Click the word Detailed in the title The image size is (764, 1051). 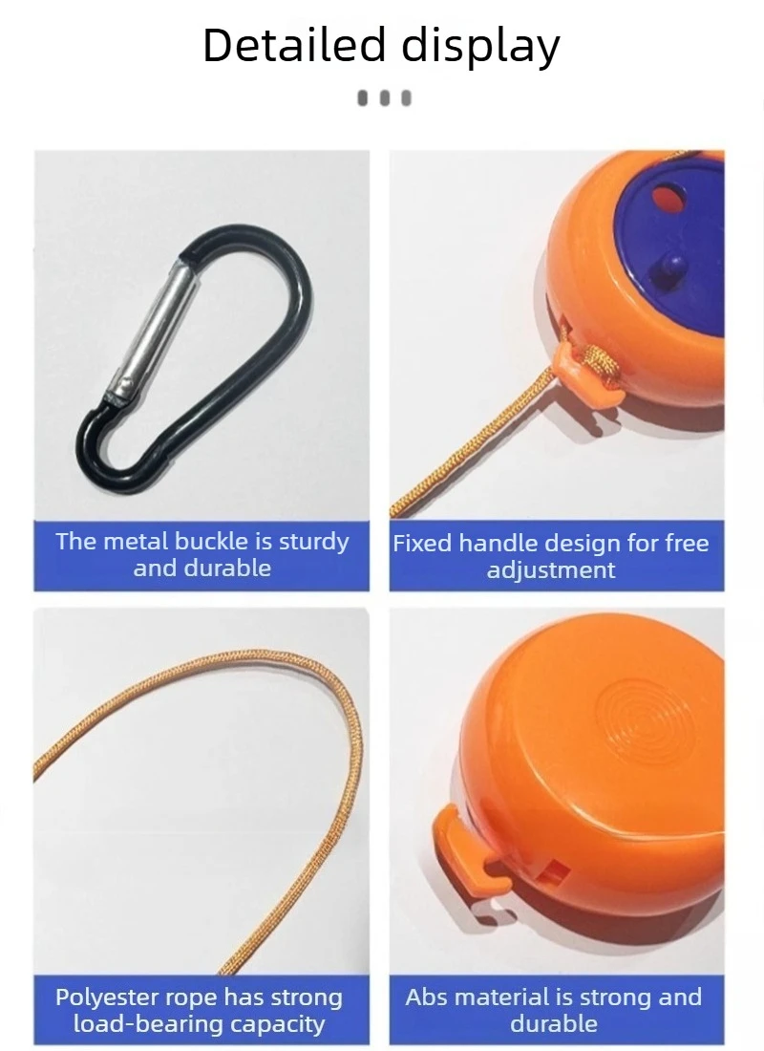pos(295,45)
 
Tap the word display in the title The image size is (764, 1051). pos(480,47)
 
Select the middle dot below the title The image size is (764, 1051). pos(384,98)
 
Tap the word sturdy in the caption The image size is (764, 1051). pos(313,543)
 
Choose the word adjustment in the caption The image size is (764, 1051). pos(551,570)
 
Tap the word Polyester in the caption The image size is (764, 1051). pos(103,998)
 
